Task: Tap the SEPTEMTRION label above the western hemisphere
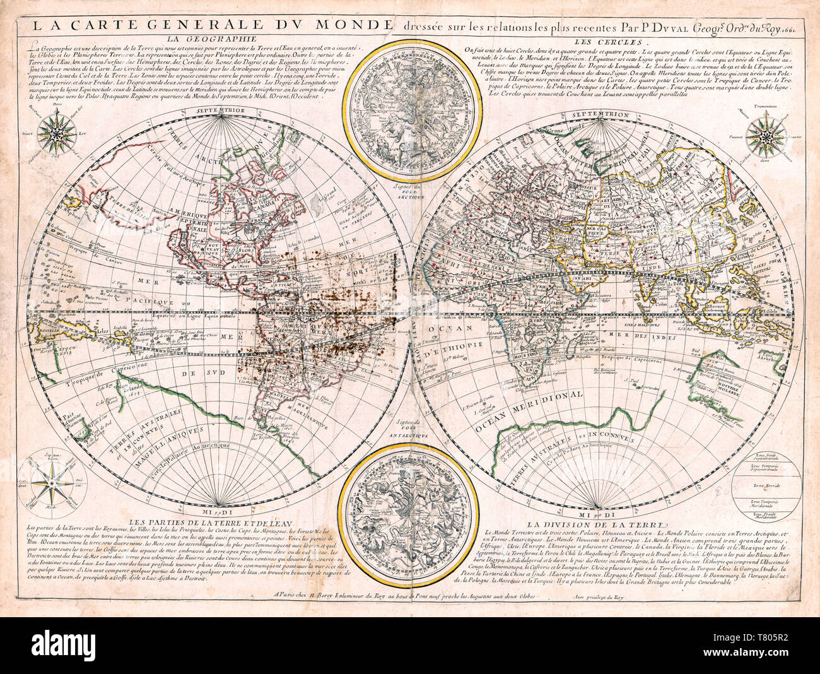pos(219,111)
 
